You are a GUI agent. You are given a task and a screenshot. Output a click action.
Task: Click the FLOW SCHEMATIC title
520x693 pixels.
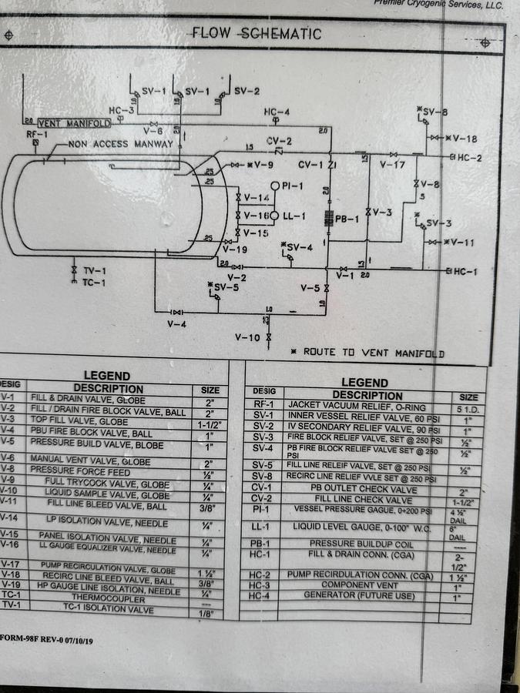[257, 33]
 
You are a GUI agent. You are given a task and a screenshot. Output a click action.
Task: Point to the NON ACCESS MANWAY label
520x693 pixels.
[121, 144]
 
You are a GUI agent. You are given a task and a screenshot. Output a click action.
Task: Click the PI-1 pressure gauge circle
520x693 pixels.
[274, 186]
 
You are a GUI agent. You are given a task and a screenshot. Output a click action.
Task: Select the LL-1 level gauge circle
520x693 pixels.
[273, 216]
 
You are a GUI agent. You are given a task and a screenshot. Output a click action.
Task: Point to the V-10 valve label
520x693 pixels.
[248, 338]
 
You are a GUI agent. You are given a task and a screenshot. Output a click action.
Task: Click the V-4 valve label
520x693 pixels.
[177, 324]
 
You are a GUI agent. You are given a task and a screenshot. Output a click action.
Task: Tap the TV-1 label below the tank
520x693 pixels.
[94, 271]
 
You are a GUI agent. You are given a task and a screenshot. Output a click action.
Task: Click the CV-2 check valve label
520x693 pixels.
[279, 141]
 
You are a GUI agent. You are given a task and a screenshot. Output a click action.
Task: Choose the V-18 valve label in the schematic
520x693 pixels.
[465, 139]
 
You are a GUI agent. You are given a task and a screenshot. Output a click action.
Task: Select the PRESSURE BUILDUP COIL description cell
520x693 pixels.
[351, 543]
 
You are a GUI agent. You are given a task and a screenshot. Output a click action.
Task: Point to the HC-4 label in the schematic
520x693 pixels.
[277, 112]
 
